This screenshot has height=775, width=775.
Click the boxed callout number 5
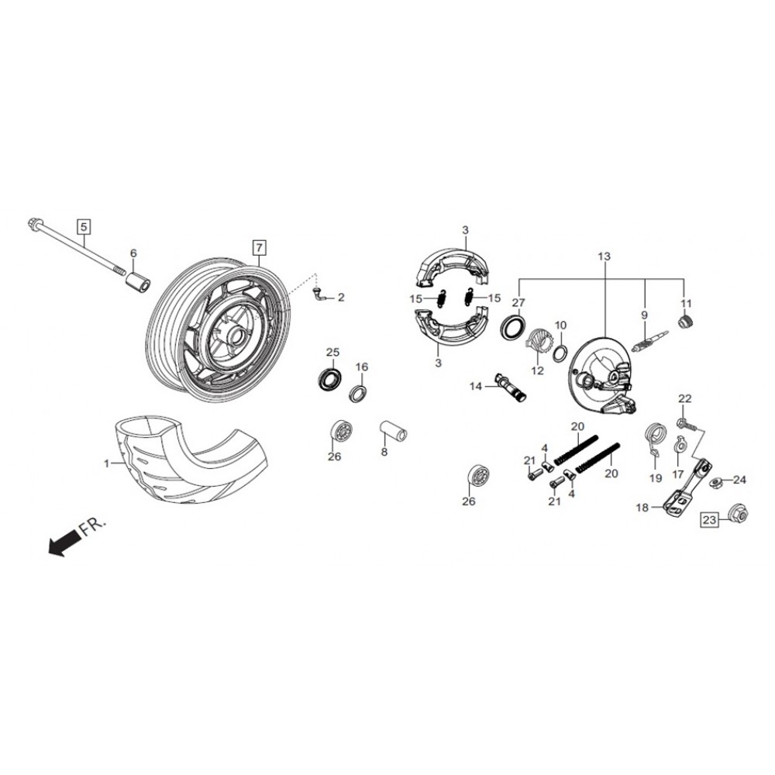(84, 227)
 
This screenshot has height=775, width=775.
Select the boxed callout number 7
(259, 246)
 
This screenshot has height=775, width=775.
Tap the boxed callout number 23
(709, 520)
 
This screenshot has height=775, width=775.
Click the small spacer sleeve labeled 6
(139, 281)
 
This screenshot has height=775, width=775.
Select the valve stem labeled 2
(319, 294)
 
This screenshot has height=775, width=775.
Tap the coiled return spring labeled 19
(656, 437)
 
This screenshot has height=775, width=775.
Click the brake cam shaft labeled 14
(511, 387)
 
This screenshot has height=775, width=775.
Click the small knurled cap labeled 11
(687, 322)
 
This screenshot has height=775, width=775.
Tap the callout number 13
(604, 256)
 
